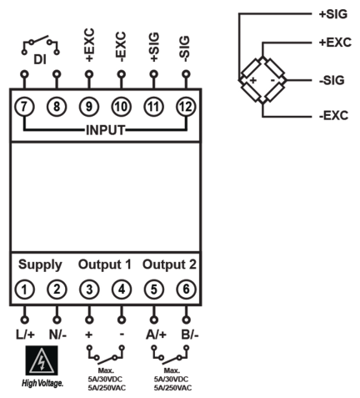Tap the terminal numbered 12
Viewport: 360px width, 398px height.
pos(185,106)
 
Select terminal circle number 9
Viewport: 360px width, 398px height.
pos(89,106)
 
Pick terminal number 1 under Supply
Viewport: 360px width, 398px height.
pos(26,290)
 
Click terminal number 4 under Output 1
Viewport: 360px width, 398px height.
pos(121,290)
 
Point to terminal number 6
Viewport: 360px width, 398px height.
pos(185,290)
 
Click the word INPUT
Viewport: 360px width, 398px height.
pos(105,130)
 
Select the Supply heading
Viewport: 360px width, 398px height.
pos(41,265)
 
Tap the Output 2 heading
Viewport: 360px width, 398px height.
pos(168,265)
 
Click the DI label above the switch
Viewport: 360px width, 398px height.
pos(41,61)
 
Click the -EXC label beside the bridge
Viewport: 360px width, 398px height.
pos(332,116)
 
